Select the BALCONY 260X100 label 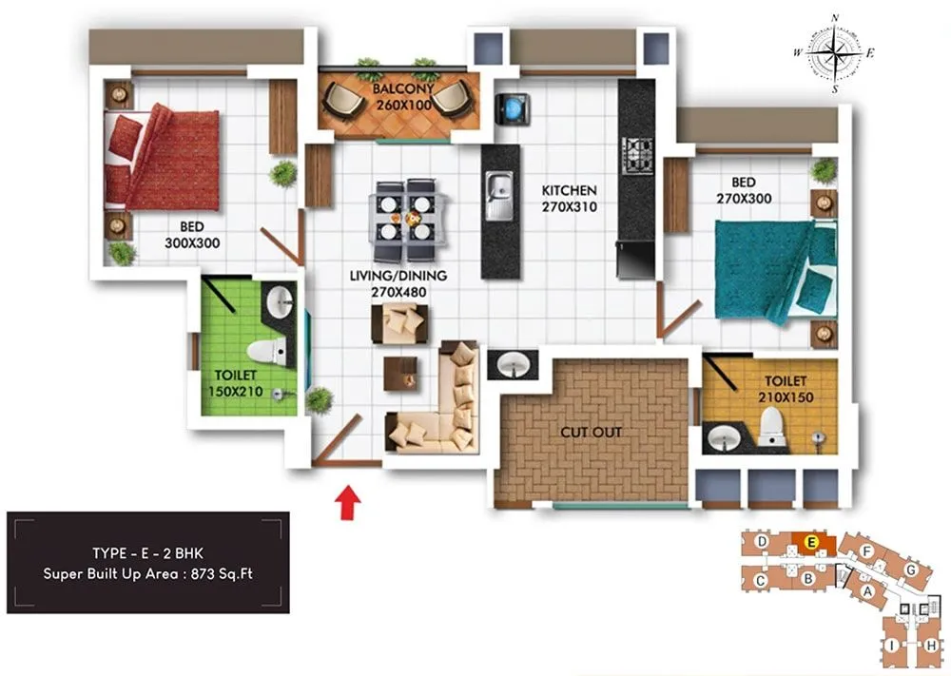[403, 96]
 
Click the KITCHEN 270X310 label [570, 198]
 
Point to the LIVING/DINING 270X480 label [398, 284]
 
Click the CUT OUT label [592, 432]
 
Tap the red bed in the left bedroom [163, 158]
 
